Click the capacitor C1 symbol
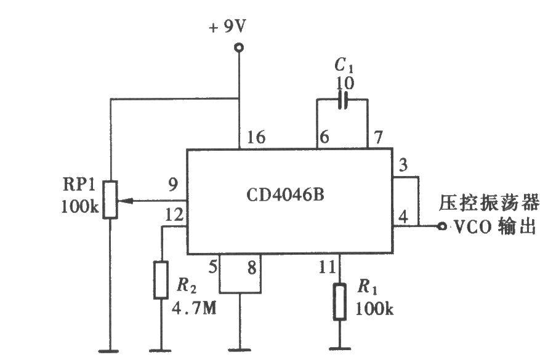click(x=342, y=100)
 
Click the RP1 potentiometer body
click(x=110, y=199)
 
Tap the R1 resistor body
click(x=339, y=302)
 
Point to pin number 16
click(x=256, y=137)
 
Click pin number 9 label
click(x=172, y=183)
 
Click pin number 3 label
click(x=403, y=164)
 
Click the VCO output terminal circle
click(x=441, y=226)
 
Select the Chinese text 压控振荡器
click(x=489, y=202)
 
